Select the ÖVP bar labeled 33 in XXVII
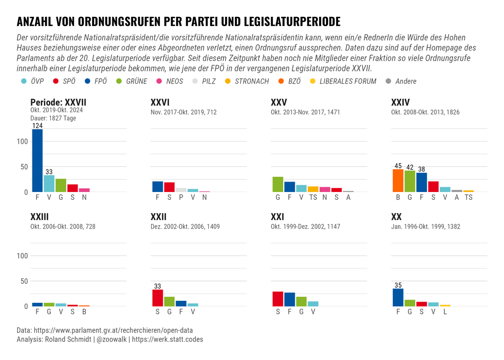coord(49,184)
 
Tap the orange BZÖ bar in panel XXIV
coord(398,181)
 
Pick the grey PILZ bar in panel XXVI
coord(181,190)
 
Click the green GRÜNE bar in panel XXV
coord(278,184)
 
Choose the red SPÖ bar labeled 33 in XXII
coord(157,298)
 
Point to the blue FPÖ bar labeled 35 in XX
coord(398,297)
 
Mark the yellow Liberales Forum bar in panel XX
coord(445,305)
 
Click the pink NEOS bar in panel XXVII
coord(84,190)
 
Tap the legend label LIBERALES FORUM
coord(348,81)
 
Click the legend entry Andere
coord(405,81)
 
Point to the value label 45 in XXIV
coord(398,166)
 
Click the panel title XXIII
coord(39,217)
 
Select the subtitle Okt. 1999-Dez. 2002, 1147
coord(305,227)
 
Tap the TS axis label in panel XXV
coord(313,197)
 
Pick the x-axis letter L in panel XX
coord(445,312)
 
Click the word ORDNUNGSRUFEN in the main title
coord(119,21)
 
